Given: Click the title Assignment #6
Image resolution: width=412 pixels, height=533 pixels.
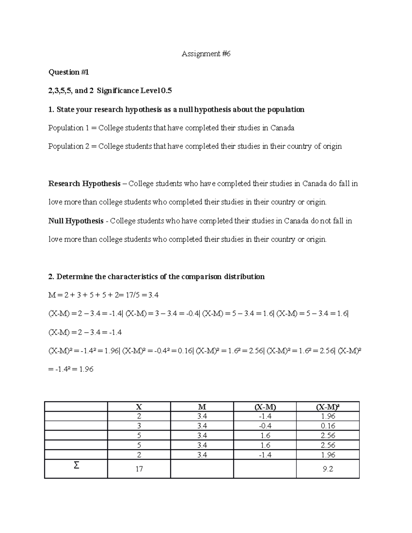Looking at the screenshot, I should (206, 54).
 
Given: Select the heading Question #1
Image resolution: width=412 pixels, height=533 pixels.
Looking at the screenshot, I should (69, 72).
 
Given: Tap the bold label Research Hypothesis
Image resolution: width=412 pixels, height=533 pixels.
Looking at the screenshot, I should (84, 184).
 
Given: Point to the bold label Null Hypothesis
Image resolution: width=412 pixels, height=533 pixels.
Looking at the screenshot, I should (76, 221).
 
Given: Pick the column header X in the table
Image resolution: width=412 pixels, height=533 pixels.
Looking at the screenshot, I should (139, 407).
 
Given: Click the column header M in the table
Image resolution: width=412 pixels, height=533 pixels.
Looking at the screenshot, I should (202, 407).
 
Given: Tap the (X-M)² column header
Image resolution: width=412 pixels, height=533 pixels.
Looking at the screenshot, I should (328, 407).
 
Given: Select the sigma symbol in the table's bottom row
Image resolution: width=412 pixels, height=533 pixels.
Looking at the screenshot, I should (76, 466).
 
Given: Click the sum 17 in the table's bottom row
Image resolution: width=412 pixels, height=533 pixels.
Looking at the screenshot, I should (139, 469).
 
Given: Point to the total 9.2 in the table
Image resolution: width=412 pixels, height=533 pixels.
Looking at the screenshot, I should (328, 469).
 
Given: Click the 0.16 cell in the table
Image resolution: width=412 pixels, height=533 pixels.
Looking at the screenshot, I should (328, 426).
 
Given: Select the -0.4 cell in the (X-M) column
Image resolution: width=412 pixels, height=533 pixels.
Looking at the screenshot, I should (265, 426).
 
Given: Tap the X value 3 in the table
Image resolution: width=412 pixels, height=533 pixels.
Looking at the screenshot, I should (139, 426).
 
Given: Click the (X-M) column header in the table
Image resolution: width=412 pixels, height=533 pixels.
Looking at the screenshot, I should (265, 407).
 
